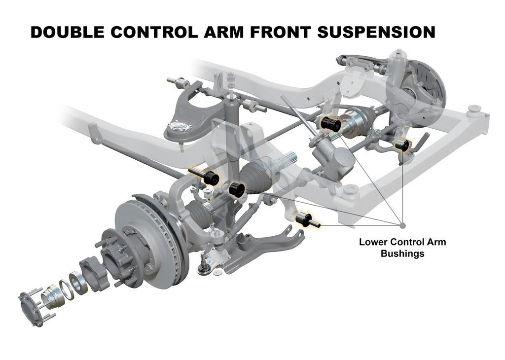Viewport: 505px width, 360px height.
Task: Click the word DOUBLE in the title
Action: pos(67,32)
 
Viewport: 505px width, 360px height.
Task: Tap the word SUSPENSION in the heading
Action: pos(376,32)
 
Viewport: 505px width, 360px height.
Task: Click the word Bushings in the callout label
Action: pos(402,254)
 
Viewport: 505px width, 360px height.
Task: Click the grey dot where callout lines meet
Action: pos(402,225)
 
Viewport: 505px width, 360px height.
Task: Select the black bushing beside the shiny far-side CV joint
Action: pos(331,123)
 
